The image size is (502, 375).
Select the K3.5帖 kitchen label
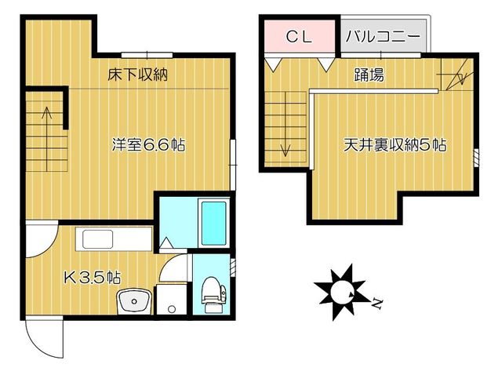(x=92, y=276)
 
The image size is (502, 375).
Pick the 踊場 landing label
(x=369, y=76)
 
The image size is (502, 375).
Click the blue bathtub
(x=213, y=222)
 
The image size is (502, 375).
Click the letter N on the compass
(x=377, y=302)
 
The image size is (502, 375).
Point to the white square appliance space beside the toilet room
(x=170, y=299)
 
